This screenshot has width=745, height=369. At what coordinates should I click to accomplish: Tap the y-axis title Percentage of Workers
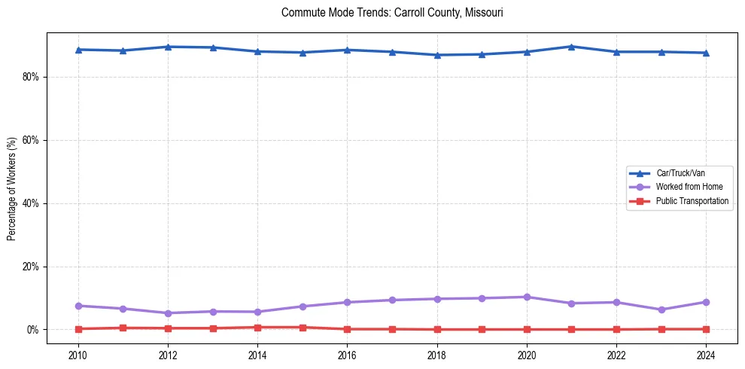[12, 188]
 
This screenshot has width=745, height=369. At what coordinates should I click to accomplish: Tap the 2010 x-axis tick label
[78, 355]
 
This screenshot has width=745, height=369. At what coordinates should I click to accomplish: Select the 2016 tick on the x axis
[347, 355]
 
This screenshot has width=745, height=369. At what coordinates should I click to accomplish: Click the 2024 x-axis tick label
[706, 355]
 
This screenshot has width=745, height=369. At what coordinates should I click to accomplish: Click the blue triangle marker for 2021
[571, 47]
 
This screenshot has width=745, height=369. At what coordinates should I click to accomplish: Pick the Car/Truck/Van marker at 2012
[168, 47]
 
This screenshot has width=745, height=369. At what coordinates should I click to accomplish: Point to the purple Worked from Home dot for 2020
[527, 297]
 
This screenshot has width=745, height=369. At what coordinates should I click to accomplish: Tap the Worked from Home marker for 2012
[168, 313]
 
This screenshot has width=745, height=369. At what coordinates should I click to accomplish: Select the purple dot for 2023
[661, 310]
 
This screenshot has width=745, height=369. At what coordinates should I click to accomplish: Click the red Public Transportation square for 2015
[303, 328]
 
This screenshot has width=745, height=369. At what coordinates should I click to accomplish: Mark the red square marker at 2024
[706, 329]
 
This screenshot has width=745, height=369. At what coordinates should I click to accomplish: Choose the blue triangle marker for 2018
[437, 55]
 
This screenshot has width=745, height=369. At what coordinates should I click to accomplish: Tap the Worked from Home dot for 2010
[78, 306]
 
